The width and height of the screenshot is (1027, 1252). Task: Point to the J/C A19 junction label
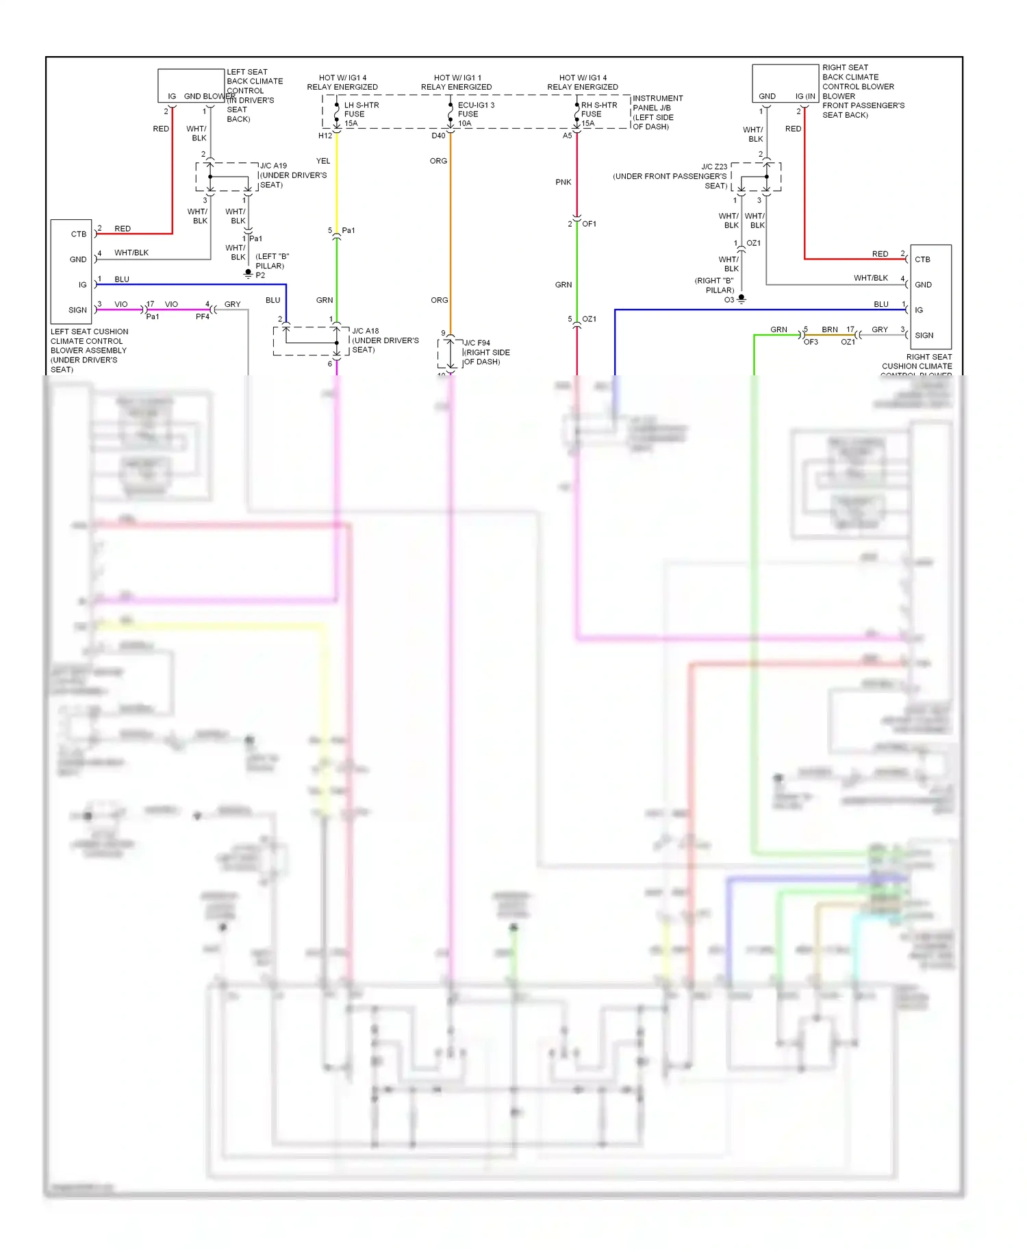point(273,166)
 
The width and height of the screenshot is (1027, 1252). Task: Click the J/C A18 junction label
point(365,331)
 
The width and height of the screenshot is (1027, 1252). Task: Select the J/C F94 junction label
point(477,342)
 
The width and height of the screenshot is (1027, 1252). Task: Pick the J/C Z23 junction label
point(714,166)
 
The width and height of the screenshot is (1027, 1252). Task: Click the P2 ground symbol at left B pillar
point(249,274)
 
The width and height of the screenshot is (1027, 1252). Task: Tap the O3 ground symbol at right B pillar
point(741,299)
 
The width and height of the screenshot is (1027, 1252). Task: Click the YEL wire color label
point(323,161)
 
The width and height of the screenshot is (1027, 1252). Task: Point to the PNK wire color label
point(563,182)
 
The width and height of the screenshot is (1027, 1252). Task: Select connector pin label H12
point(325,136)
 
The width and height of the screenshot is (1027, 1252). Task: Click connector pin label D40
point(438,136)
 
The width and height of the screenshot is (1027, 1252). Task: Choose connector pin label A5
point(567,136)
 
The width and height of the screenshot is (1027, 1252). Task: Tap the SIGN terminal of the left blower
point(77,310)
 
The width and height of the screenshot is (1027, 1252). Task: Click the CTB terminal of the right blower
point(922,260)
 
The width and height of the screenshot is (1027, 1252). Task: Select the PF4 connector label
point(203,316)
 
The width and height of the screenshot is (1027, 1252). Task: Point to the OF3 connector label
point(811,342)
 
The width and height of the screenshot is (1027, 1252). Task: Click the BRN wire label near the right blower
point(830,329)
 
